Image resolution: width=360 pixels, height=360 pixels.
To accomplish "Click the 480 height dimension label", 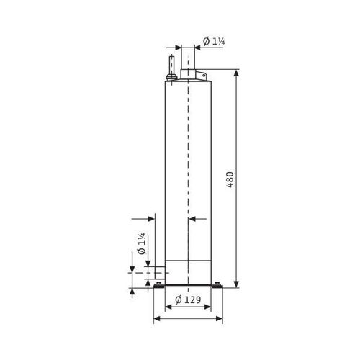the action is tap(230, 179).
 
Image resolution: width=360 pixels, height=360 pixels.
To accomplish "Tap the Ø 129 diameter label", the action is tap(188, 300).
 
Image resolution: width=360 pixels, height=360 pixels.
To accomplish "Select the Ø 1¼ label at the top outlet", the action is tap(214, 41).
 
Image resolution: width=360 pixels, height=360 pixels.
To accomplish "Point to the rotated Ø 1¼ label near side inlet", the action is tap(142, 243).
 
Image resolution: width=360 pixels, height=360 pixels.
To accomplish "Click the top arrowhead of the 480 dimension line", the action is tap(236, 73).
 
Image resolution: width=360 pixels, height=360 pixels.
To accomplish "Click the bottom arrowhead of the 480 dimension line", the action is tap(236, 284).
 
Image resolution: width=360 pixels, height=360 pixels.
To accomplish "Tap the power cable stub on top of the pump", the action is tap(171, 66).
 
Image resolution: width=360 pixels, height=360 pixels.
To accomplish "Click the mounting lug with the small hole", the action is tap(201, 75).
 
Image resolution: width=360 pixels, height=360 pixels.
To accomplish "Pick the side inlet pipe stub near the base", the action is tap(160, 273).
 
